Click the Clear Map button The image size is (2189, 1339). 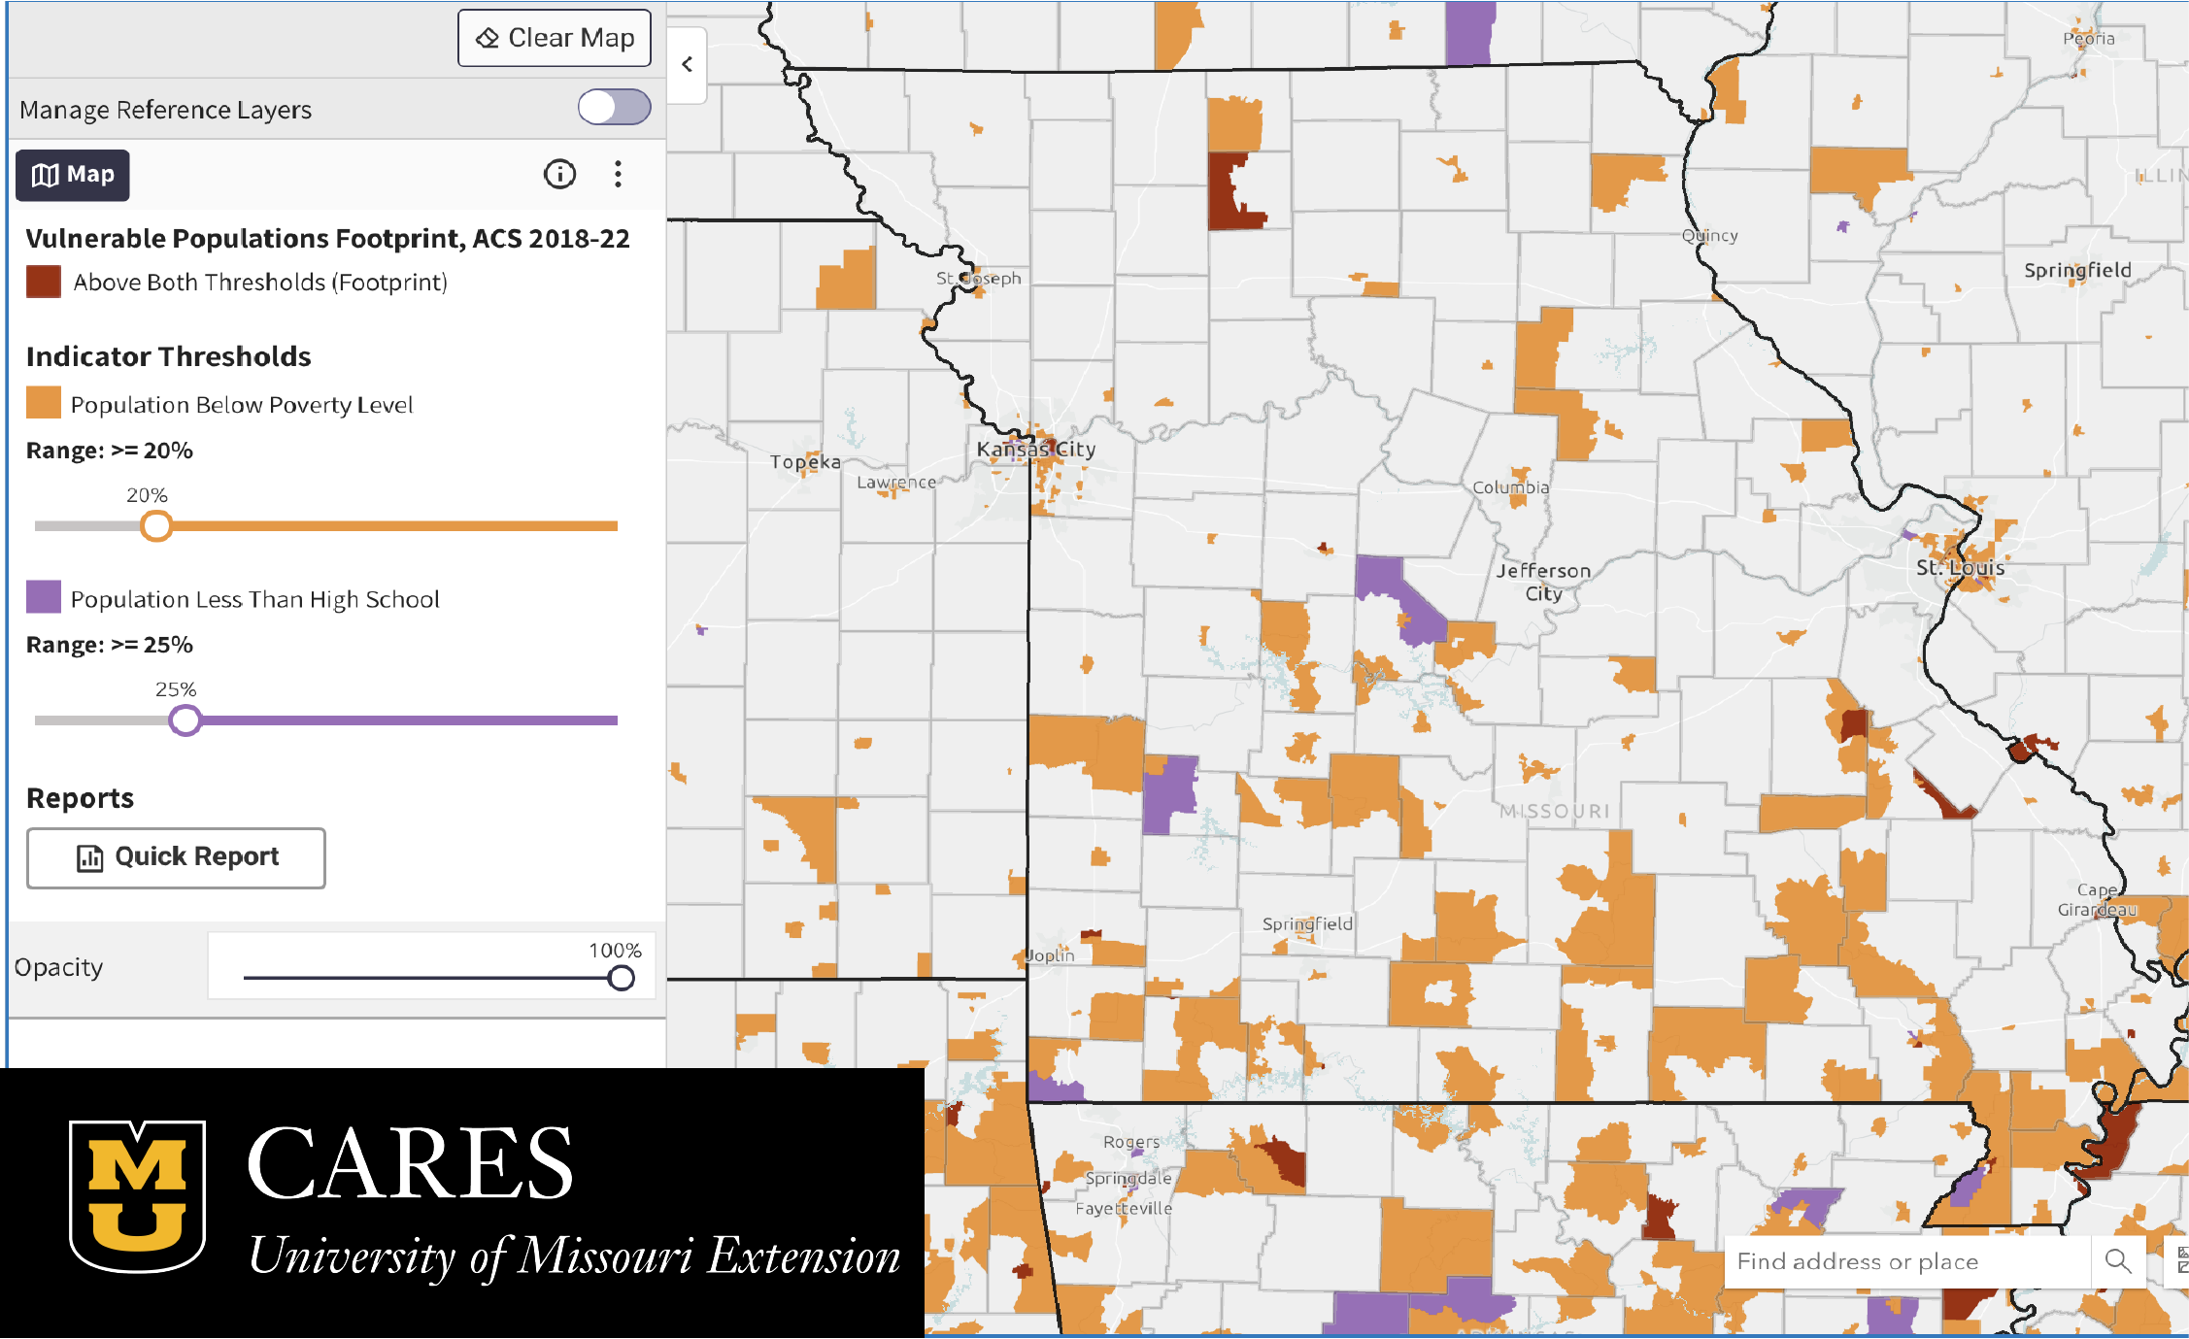555,38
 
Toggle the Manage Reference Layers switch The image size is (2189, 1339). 614,107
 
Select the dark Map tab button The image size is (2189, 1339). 73,175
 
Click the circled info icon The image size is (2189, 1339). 559,175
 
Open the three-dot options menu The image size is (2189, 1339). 618,175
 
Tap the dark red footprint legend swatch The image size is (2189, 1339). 44,283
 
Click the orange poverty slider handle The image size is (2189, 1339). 156,526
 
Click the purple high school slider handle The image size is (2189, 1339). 185,720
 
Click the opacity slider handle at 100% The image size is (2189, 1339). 622,978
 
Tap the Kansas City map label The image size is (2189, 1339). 1036,450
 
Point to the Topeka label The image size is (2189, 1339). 805,462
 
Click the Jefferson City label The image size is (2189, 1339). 1543,582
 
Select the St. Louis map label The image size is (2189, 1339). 1960,568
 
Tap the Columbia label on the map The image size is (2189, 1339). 1511,487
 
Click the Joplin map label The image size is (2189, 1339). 1051,955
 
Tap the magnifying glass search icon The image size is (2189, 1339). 2118,1261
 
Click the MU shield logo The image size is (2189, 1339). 137,1195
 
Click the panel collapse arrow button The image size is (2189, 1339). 688,65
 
